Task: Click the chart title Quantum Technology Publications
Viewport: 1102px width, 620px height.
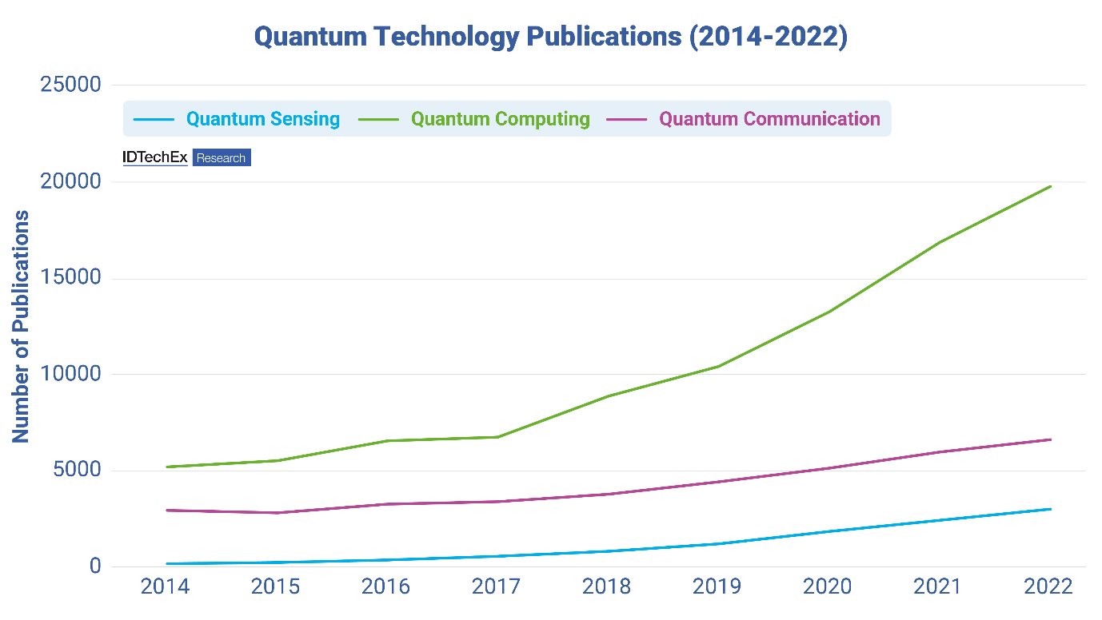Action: click(550, 37)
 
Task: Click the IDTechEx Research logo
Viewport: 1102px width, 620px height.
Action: click(186, 157)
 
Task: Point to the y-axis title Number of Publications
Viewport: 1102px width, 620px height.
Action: click(21, 326)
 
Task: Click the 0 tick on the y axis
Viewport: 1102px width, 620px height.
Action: click(94, 566)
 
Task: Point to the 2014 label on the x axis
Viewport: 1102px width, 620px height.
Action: click(165, 587)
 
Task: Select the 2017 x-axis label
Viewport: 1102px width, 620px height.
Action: click(497, 587)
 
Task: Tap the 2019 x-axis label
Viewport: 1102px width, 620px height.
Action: click(718, 587)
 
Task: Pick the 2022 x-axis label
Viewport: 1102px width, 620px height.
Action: click(1048, 587)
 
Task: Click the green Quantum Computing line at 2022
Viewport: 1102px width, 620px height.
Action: click(1050, 186)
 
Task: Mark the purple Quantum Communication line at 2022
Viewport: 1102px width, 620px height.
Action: click(1050, 439)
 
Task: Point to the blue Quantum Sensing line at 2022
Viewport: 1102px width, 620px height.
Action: click(1050, 509)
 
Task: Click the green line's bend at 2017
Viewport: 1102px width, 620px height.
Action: click(497, 437)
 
